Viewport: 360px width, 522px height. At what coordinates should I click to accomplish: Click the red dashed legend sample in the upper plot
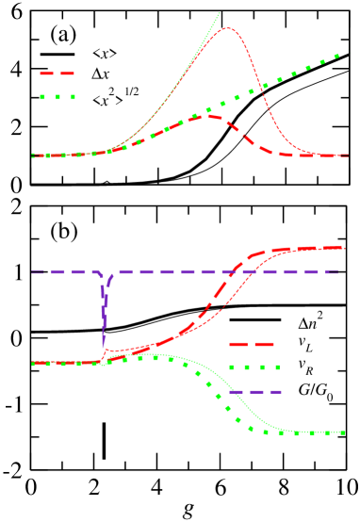[x=57, y=73]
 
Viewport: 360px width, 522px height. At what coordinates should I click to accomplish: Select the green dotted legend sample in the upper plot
[x=57, y=96]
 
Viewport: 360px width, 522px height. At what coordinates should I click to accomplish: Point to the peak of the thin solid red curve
[x=228, y=28]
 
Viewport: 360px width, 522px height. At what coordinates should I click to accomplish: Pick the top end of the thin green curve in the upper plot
[x=220, y=12]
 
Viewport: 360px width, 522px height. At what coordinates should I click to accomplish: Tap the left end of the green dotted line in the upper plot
[x=34, y=155]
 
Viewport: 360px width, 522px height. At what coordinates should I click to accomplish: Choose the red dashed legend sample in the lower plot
[x=251, y=345]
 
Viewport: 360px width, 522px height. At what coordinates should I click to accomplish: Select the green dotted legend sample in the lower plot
[x=254, y=367]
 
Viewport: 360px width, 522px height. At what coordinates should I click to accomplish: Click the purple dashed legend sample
[x=254, y=392]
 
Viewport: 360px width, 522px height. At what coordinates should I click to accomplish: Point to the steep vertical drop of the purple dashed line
[x=104, y=311]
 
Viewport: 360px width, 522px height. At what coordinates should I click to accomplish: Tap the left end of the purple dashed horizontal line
[x=33, y=272]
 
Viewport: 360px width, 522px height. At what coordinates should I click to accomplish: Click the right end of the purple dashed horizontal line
[x=337, y=272]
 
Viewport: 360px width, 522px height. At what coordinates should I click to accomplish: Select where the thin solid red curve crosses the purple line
[x=248, y=272]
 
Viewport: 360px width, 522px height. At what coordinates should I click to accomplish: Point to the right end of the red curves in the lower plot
[x=344, y=248]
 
